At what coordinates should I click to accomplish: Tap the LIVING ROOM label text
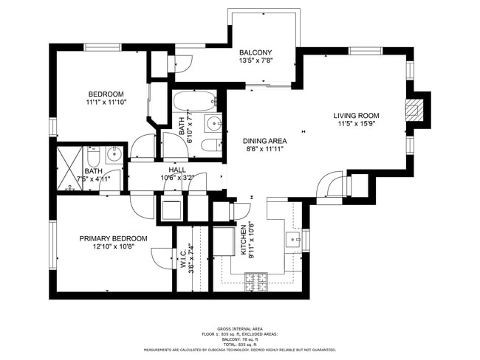(356, 116)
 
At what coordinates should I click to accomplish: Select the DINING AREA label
(264, 140)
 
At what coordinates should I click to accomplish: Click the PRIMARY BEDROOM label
(113, 238)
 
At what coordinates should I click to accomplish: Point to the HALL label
(177, 170)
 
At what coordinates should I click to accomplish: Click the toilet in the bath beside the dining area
(210, 145)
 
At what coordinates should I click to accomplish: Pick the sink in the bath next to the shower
(114, 155)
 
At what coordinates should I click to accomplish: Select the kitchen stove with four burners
(257, 280)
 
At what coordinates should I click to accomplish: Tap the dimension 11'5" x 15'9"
(356, 125)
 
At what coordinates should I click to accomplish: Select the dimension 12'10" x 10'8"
(113, 247)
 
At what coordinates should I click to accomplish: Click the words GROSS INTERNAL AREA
(240, 328)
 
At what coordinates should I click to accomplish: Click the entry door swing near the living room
(330, 185)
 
